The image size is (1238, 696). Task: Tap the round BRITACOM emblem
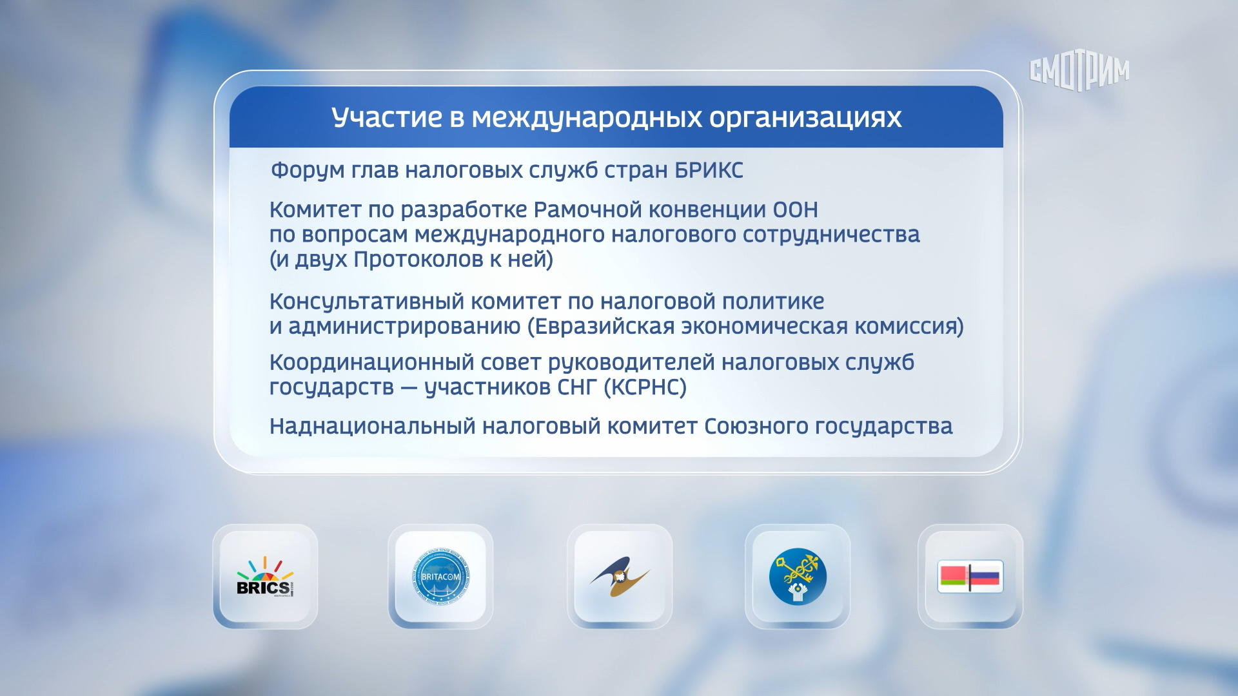[x=440, y=577]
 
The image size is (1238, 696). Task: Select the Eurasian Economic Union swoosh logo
[x=620, y=576]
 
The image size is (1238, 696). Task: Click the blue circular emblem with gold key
[x=798, y=576]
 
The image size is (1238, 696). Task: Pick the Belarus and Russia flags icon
[x=970, y=576]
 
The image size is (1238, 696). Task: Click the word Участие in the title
[x=387, y=117]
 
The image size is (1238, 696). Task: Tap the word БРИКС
[x=709, y=170]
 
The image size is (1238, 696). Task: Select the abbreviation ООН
[x=795, y=210]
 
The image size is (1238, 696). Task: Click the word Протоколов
[x=415, y=260]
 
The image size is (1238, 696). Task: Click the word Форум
[x=308, y=171]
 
